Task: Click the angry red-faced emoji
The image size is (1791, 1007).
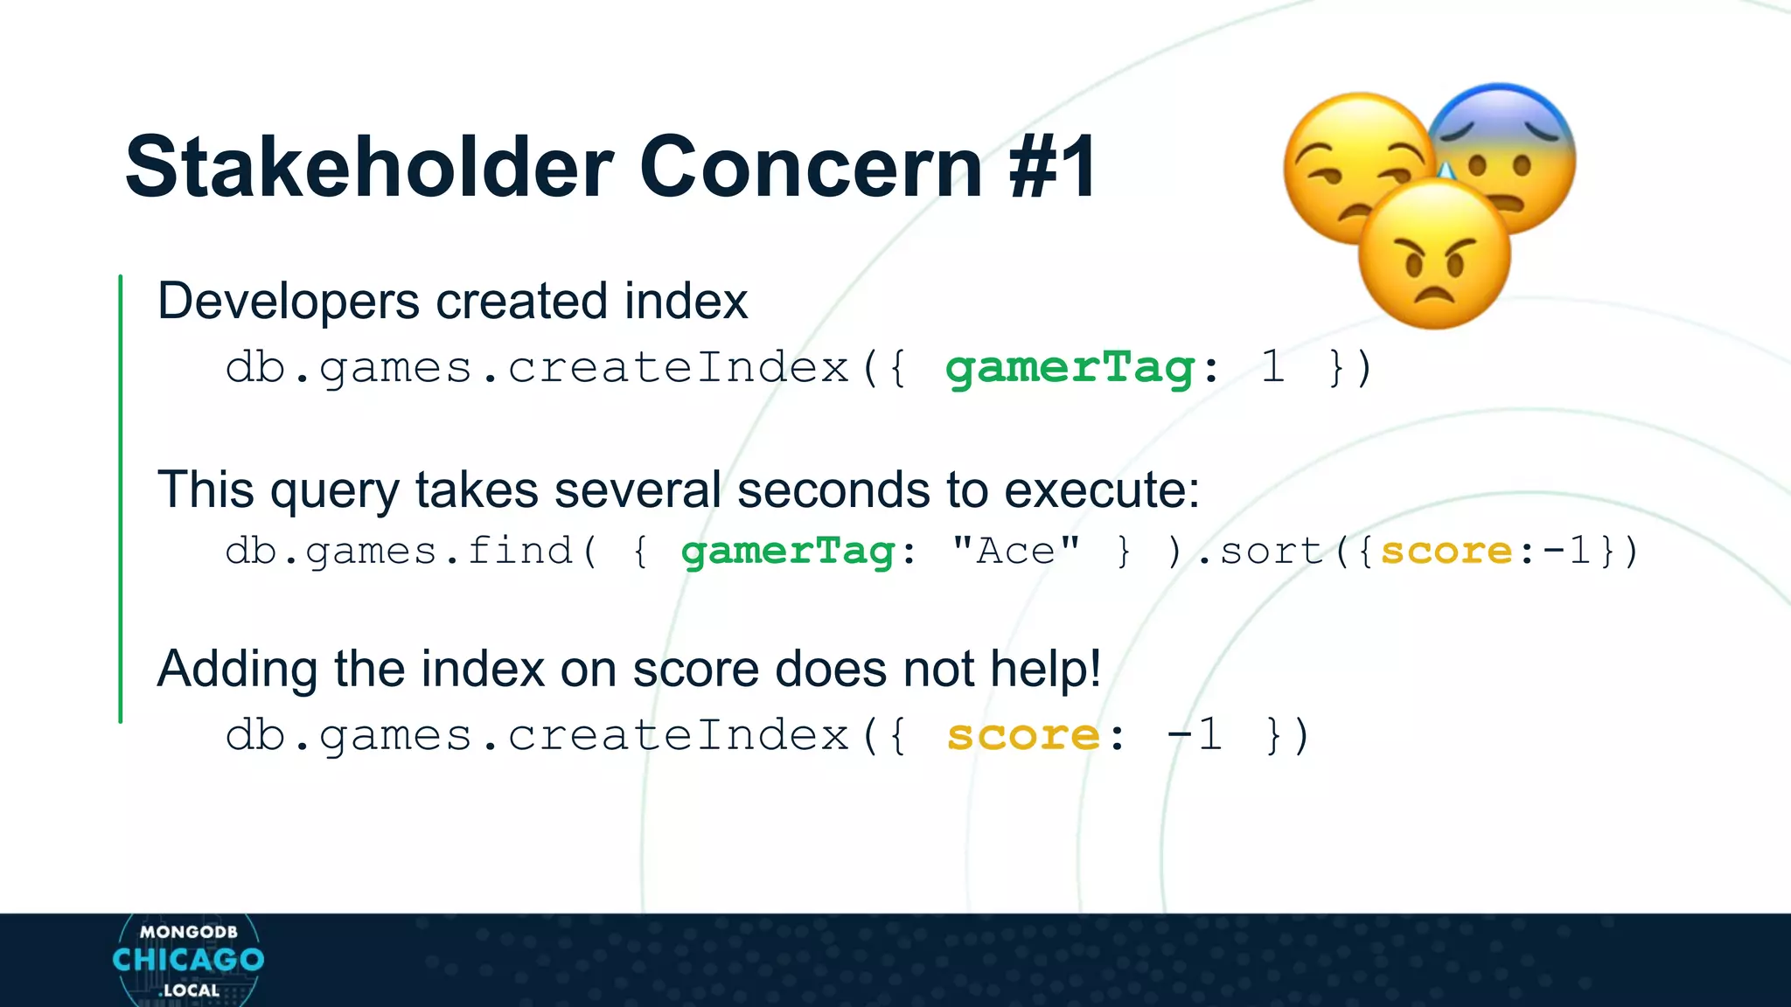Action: (x=1434, y=256)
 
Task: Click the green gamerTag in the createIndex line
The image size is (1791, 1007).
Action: (x=1070, y=367)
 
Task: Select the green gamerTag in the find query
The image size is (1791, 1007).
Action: (x=788, y=552)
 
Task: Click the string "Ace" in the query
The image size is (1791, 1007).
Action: (x=1016, y=552)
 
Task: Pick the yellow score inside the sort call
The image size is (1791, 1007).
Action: (x=1446, y=552)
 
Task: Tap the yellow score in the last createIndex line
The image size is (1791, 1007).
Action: (x=1022, y=735)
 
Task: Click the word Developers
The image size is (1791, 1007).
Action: (x=289, y=302)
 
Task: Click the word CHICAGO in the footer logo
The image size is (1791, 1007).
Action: (x=188, y=960)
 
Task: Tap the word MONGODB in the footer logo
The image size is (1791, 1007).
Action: (x=188, y=932)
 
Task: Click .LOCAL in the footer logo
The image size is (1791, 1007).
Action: (x=189, y=990)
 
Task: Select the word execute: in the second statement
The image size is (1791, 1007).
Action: (x=1102, y=490)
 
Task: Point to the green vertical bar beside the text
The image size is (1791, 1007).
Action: (x=121, y=498)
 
